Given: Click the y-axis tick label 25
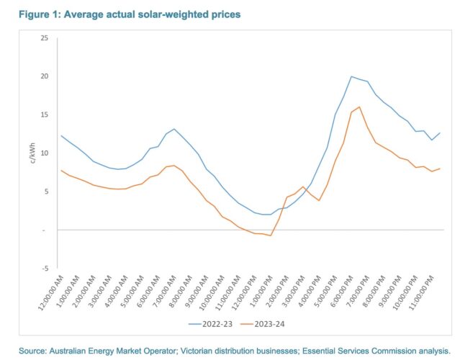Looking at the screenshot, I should click(x=44, y=37).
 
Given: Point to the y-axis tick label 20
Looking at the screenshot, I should click(x=44, y=76).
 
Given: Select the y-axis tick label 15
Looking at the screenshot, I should click(x=44, y=114).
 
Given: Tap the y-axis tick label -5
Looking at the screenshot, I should click(x=45, y=268).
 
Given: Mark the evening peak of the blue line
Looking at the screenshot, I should click(x=351, y=76).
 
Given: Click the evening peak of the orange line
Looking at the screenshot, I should click(x=359, y=107).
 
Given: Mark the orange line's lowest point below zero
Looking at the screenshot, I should click(x=270, y=235).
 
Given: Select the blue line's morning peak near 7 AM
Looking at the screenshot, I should click(x=174, y=129).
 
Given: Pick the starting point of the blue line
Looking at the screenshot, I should click(x=62, y=135).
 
